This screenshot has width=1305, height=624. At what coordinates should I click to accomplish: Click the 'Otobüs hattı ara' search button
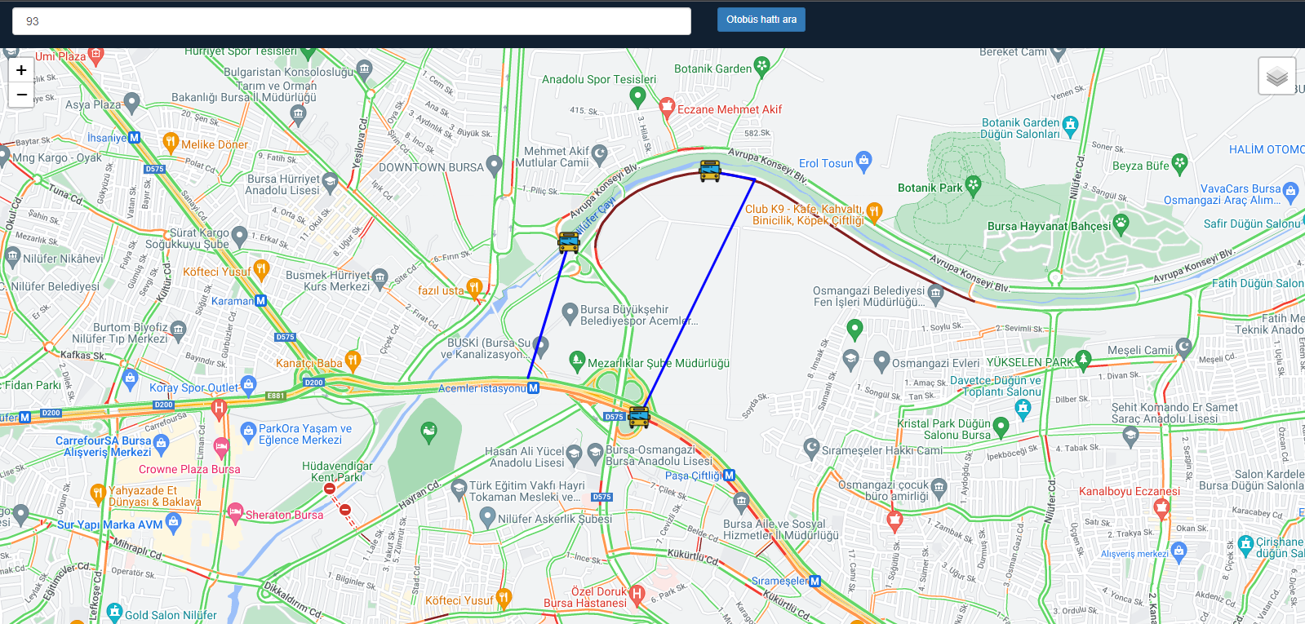(761, 20)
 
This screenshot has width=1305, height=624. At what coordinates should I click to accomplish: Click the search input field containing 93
(351, 21)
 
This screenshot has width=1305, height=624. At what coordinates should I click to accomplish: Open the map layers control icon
(1276, 77)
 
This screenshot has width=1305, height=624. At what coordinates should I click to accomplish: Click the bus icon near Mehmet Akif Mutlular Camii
(568, 242)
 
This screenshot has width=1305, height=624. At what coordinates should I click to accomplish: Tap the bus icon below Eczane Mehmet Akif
(710, 170)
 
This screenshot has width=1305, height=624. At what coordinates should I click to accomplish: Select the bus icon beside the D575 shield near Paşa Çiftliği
(639, 418)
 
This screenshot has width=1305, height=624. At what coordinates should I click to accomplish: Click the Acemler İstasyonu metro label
(482, 388)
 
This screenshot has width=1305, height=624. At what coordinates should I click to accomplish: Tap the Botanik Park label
(930, 188)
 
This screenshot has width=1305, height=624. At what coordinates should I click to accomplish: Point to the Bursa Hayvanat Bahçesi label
(1049, 226)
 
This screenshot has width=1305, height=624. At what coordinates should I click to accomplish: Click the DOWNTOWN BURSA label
(431, 167)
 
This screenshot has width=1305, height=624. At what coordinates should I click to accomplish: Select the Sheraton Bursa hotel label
(284, 515)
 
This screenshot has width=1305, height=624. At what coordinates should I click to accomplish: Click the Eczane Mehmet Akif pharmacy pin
(667, 106)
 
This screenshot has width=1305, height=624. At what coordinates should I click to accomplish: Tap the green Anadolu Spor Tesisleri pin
(638, 96)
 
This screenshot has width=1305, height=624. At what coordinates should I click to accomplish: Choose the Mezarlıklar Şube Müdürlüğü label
(658, 363)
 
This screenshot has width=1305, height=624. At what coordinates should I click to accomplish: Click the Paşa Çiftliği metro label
(693, 476)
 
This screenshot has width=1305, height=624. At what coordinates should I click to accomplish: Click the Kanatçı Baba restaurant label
(308, 363)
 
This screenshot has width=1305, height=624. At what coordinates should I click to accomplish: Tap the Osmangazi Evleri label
(935, 363)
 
